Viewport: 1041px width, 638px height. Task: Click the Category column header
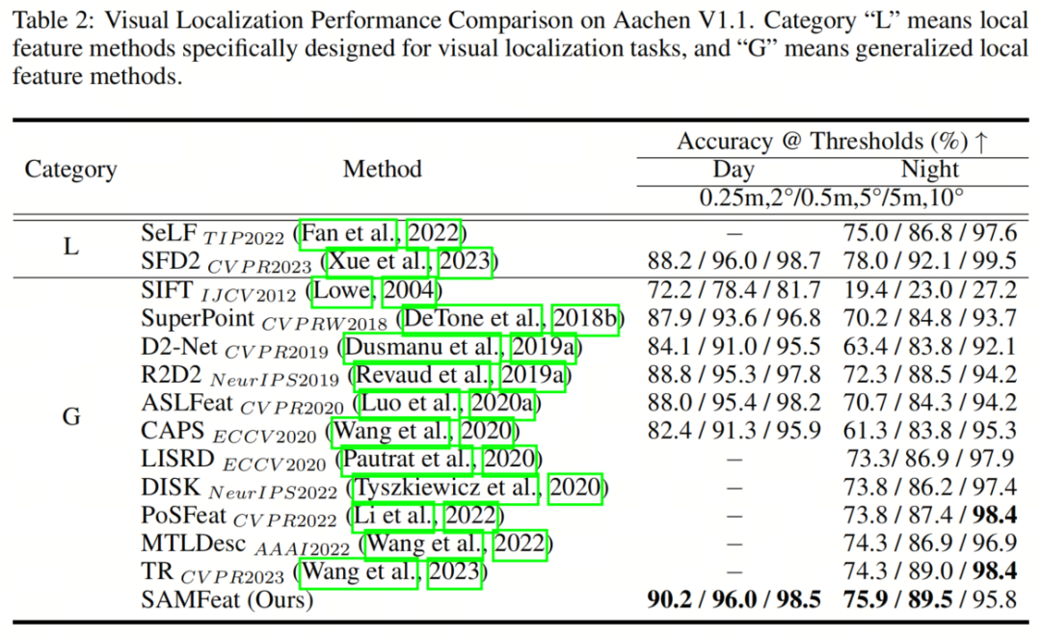point(70,170)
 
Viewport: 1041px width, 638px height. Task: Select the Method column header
point(382,169)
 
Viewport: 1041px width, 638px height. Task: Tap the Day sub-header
point(734,170)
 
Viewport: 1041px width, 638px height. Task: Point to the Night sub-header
point(929,170)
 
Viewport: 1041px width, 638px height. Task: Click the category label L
point(70,247)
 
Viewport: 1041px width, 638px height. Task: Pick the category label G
point(70,417)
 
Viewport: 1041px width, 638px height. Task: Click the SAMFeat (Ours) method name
point(227,599)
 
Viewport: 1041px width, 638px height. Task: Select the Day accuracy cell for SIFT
point(734,290)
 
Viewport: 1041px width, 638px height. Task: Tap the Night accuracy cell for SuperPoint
point(929,318)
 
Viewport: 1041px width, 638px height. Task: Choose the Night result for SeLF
point(929,234)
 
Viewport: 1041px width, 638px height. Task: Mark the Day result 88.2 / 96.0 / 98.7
point(734,262)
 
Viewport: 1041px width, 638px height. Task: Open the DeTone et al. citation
point(475,318)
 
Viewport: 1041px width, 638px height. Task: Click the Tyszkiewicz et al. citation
point(446,489)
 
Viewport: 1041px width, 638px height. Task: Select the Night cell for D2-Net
point(929,347)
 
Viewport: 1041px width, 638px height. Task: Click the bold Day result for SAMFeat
point(734,600)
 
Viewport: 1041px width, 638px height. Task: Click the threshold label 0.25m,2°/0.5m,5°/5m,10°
point(831,198)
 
